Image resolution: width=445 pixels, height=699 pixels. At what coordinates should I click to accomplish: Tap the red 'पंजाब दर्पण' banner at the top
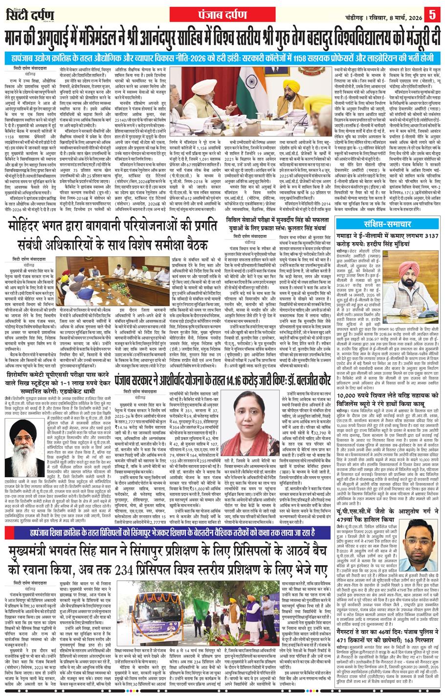point(222,13)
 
